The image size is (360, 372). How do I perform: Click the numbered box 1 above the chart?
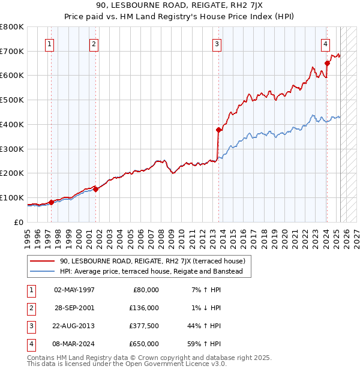coord(49,43)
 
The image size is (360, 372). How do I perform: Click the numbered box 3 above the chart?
coord(217,43)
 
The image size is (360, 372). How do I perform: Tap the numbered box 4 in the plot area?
coord(325,43)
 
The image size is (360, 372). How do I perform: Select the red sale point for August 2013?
coord(218,130)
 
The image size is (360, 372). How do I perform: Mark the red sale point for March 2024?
coord(327,63)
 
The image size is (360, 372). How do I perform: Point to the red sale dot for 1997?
coord(51,202)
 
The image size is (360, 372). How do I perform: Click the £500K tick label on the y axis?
coord(12,100)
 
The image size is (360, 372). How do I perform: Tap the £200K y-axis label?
coord(12,173)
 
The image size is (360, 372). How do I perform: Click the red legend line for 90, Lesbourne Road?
coord(42,261)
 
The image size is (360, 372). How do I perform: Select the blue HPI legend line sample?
coord(42,271)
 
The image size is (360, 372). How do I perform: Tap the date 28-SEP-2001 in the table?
coord(74,307)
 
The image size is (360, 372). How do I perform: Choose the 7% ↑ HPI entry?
coord(205,289)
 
